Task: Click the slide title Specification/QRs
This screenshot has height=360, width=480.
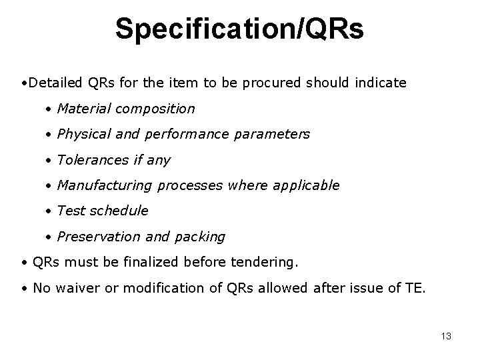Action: pyautogui.click(x=239, y=29)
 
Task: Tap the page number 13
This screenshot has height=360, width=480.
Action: pyautogui.click(x=446, y=336)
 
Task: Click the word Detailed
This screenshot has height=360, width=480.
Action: pyautogui.click(x=57, y=83)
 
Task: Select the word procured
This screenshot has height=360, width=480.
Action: pyautogui.click(x=273, y=83)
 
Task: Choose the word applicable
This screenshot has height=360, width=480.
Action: pyautogui.click(x=309, y=185)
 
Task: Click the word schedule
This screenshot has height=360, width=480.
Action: pyautogui.click(x=119, y=211)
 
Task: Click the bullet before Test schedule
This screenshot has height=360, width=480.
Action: pyautogui.click(x=49, y=211)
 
